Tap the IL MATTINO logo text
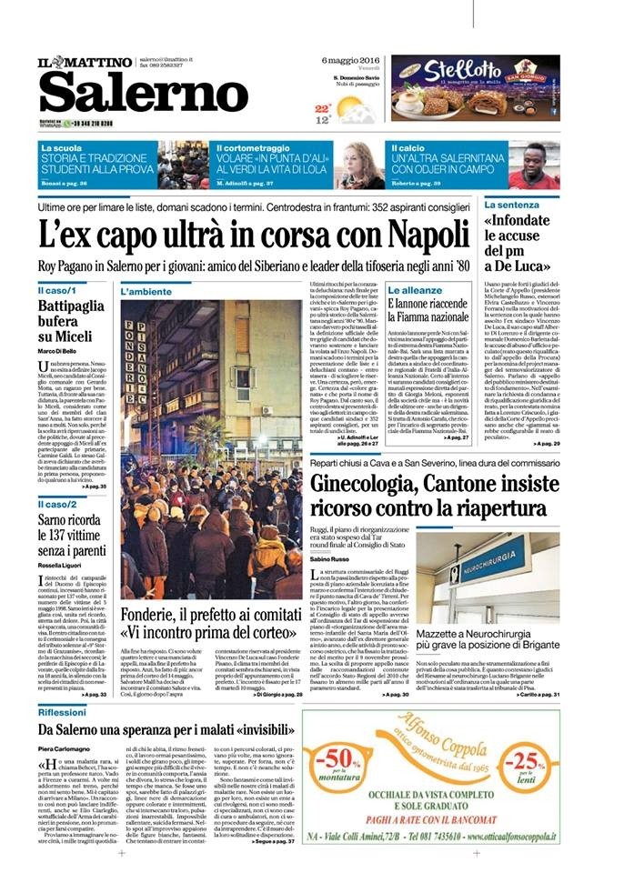pyautogui.click(x=86, y=60)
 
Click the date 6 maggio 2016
pyautogui.click(x=350, y=61)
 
